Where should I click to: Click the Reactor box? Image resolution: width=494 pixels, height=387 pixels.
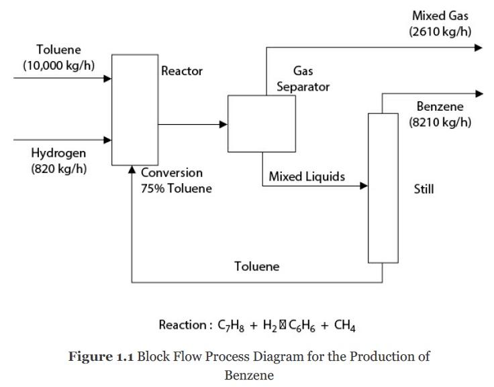[x=134, y=109]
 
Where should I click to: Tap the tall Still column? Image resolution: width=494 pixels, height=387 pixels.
[x=383, y=188]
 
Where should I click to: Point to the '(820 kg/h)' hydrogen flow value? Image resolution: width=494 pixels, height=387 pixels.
[x=58, y=168]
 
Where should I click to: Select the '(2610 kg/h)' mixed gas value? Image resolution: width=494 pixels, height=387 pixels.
[x=440, y=31]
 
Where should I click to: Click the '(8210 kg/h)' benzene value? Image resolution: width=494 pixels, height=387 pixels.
[x=440, y=122]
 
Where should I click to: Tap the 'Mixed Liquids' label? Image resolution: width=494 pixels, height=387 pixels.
[x=307, y=177]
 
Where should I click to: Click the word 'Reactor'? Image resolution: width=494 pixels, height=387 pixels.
[x=182, y=71]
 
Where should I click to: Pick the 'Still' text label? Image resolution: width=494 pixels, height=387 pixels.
[x=424, y=189]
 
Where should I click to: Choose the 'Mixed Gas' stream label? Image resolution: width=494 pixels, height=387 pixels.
[x=441, y=15]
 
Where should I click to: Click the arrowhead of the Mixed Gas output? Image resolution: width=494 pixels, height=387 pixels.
[x=478, y=48]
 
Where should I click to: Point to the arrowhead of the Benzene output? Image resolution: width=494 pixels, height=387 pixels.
[x=478, y=94]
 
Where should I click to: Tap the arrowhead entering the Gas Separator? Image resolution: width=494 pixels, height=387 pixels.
[x=224, y=124]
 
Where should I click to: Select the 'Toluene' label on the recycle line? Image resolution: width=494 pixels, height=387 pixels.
[x=256, y=266]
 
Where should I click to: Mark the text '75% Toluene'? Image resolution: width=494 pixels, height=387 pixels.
[x=176, y=188]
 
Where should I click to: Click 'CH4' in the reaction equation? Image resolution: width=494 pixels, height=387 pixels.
[x=345, y=327]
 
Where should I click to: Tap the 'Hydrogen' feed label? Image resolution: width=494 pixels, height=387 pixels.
[x=58, y=154]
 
